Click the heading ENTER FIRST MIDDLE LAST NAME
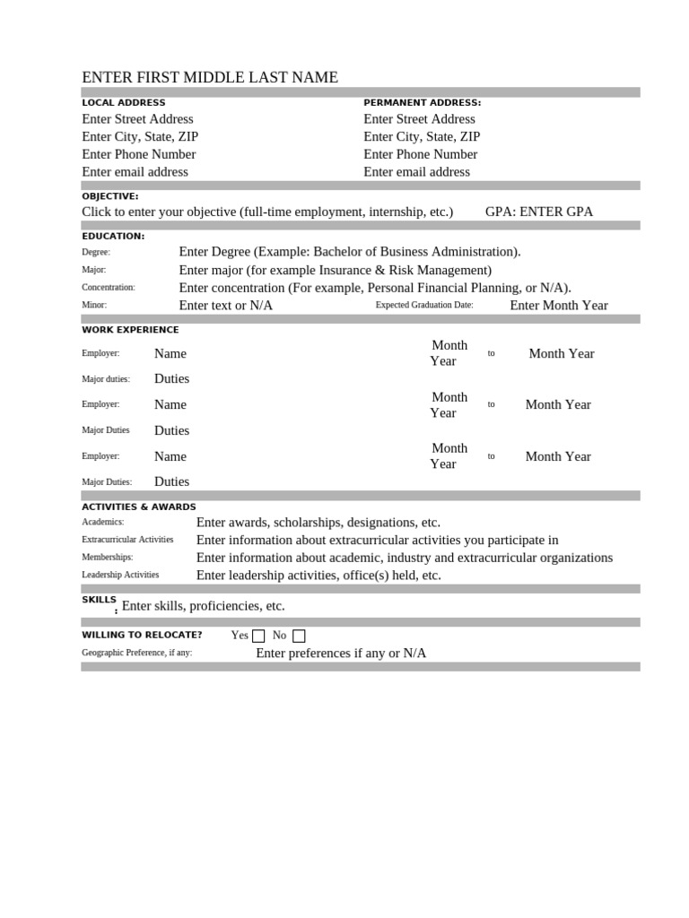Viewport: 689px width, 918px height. (x=210, y=78)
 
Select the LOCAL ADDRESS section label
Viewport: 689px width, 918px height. (x=124, y=103)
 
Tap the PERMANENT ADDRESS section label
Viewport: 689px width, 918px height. (x=422, y=103)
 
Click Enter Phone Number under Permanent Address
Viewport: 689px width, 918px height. (x=420, y=154)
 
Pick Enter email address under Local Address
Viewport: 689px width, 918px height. (x=135, y=172)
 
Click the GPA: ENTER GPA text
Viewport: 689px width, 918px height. (x=538, y=212)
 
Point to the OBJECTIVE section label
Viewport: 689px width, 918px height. (x=110, y=196)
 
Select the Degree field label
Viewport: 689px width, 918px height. (x=96, y=253)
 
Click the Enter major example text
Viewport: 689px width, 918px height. (x=335, y=270)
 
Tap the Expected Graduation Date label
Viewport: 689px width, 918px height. (x=424, y=306)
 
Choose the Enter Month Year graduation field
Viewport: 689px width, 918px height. (x=558, y=306)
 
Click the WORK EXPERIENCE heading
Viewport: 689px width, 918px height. (x=130, y=330)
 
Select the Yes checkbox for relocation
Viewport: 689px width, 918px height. (x=258, y=636)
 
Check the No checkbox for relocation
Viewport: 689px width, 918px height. (x=299, y=636)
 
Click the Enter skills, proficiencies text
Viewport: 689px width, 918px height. (x=203, y=606)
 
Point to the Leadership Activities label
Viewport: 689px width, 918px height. (x=120, y=576)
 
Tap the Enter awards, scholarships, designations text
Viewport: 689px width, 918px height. (x=318, y=523)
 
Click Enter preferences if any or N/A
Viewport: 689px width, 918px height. (x=341, y=654)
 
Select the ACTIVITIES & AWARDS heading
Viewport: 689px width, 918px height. (x=139, y=507)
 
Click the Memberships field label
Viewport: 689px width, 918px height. (x=107, y=558)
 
